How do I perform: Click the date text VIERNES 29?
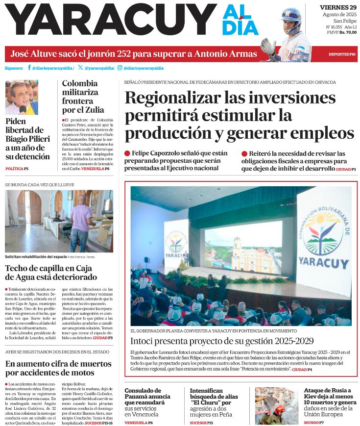click(x=338, y=7)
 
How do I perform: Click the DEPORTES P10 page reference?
click(x=342, y=54)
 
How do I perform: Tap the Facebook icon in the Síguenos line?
click(x=29, y=68)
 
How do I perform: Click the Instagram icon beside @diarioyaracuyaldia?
click(x=120, y=68)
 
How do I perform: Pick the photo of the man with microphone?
click(x=22, y=97)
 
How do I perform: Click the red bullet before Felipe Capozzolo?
click(x=127, y=153)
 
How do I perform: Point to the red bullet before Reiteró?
click(x=244, y=153)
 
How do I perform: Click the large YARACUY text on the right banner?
click(x=323, y=259)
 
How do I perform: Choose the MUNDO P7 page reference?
click(x=314, y=422)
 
